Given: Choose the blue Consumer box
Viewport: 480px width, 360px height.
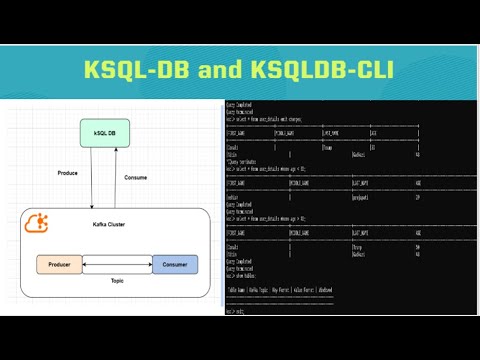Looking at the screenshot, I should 174,265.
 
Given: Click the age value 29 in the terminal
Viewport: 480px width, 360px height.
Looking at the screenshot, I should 416,197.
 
